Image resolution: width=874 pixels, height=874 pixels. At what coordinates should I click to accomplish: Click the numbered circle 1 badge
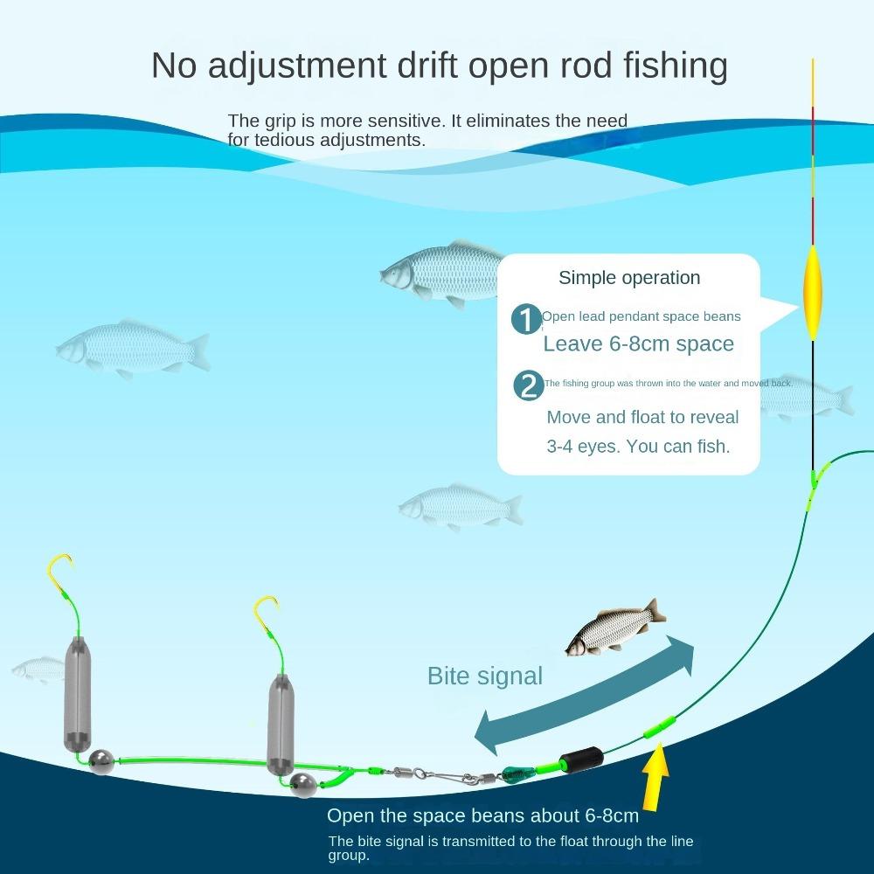526,321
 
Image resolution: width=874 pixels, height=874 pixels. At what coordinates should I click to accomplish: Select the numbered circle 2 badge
529,385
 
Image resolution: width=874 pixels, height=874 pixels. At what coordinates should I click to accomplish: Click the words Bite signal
484,676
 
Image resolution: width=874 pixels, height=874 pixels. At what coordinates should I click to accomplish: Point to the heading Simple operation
629,278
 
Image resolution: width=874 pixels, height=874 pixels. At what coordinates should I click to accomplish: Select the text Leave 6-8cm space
638,343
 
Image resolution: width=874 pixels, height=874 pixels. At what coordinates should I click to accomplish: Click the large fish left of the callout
441,271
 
